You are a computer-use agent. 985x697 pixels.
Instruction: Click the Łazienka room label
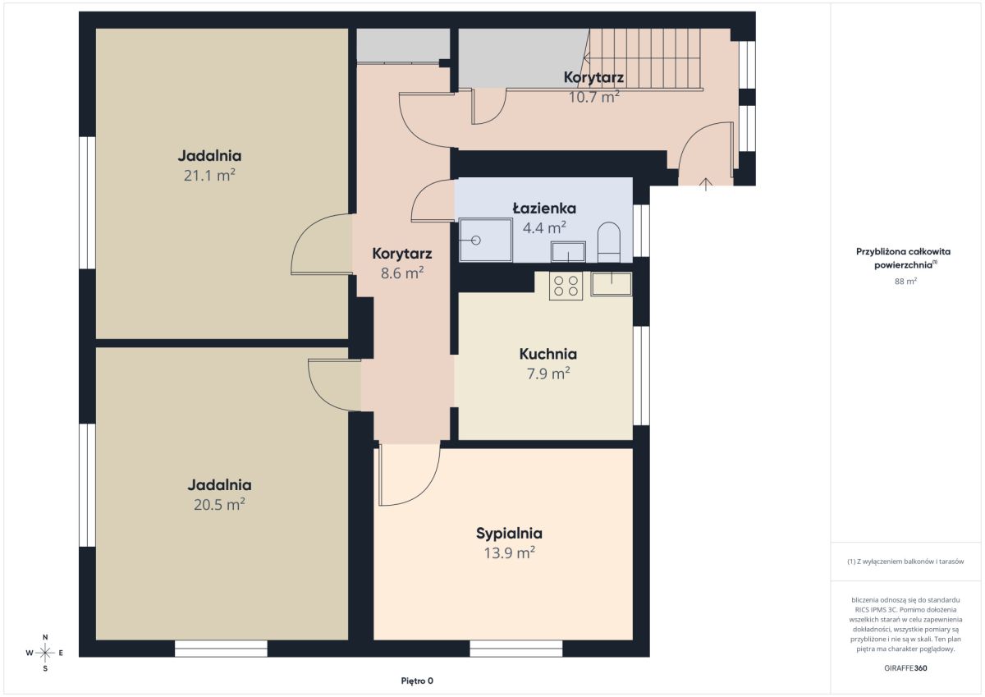(544, 209)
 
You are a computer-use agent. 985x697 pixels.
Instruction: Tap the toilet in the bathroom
(609, 242)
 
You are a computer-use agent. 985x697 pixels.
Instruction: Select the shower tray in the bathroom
(486, 240)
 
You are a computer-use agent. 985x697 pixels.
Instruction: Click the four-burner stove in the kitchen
(566, 286)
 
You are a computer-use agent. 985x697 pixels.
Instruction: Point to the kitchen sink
(612, 283)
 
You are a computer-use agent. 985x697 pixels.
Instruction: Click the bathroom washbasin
(569, 252)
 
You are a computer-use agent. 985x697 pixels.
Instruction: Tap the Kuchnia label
(548, 354)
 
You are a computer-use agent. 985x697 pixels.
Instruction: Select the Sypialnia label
(509, 534)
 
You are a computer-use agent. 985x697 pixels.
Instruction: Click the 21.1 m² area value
(209, 175)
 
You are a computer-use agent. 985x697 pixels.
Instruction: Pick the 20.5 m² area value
(219, 504)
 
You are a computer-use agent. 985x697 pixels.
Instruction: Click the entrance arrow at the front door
(706, 184)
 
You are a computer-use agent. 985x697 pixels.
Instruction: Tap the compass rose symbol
(45, 653)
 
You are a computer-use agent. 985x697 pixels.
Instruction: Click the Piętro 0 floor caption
(417, 681)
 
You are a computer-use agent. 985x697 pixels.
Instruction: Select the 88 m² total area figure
(905, 281)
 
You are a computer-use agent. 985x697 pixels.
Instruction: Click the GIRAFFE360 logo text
(905, 668)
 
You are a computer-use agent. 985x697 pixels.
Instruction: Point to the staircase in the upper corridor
(644, 59)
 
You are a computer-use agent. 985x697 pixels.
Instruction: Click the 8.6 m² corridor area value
(402, 273)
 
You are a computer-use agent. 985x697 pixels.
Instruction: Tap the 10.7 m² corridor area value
(594, 97)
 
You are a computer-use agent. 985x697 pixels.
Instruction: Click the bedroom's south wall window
(515, 649)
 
